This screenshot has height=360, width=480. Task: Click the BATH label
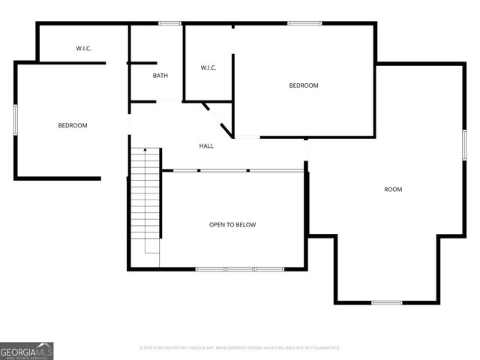pos(160,76)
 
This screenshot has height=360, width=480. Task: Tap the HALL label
pos(206,145)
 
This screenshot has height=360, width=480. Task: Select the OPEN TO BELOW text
pos(233,224)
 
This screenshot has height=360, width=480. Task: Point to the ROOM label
pos(393,189)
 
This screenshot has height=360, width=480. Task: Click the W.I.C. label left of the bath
pos(83,49)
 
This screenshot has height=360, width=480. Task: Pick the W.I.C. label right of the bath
pos(208,68)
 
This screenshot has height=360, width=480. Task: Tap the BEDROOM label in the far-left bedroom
pos(73,125)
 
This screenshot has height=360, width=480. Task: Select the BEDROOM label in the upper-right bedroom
pos(304,85)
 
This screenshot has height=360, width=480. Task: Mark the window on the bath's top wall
pos(170,23)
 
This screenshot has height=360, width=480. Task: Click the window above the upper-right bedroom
pos(304,23)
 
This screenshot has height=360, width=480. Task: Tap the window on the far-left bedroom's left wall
pos(15,120)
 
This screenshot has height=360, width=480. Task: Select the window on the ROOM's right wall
pos(465,144)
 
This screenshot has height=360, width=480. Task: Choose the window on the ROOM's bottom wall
pos(387,302)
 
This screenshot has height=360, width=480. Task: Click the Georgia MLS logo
pos(27,350)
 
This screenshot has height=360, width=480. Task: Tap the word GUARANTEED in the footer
pos(325,348)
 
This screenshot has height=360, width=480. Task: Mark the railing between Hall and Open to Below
pos(232,170)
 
